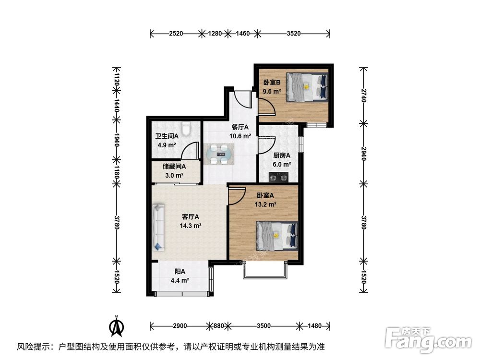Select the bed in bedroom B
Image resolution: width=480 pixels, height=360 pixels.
(x=308, y=87)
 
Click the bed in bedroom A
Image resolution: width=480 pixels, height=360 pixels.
(x=276, y=235)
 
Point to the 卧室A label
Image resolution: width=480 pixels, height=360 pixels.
(x=265, y=195)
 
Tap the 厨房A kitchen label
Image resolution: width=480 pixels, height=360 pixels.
(x=282, y=156)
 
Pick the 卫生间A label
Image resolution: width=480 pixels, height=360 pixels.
(x=166, y=137)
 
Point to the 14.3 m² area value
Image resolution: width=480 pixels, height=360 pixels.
(x=191, y=225)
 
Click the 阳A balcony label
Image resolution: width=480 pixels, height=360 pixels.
(x=179, y=272)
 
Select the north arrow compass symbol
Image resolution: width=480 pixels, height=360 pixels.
(x=116, y=326)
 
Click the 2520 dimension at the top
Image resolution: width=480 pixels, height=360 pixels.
(x=176, y=34)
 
